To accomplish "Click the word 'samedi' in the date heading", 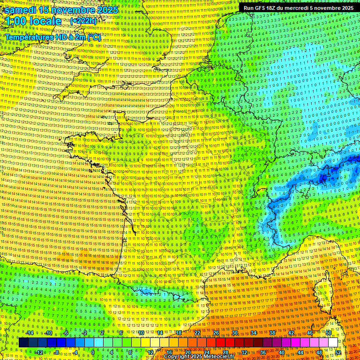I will (21, 10).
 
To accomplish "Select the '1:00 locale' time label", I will (33, 22).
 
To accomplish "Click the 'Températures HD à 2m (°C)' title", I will (52, 37).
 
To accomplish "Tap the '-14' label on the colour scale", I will (30, 333).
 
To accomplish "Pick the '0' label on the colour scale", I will (93, 352).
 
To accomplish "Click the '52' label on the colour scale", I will (338, 352).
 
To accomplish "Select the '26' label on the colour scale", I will (216, 333).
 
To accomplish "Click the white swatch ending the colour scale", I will (333, 343).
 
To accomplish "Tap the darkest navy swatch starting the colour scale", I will (23, 343).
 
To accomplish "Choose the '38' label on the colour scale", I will (272, 333).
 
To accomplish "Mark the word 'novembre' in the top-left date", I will (73, 10).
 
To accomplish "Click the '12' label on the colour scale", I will (150, 352).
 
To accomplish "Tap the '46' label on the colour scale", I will (310, 333).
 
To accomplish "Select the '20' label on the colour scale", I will (188, 352).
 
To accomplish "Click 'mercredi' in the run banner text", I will (309, 8).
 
